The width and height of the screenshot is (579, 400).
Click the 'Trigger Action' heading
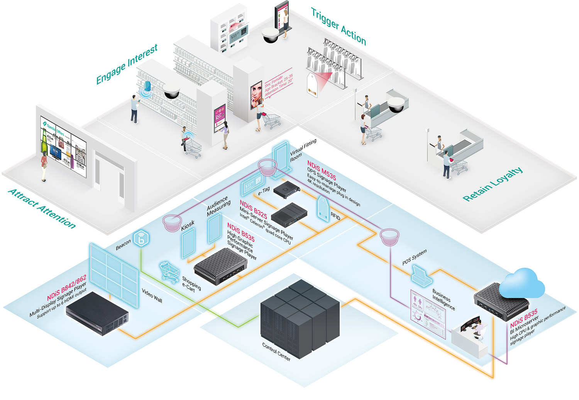338,27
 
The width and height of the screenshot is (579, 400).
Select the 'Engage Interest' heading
127,64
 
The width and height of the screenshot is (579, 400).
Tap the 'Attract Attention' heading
42,208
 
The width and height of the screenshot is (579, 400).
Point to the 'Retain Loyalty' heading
493,184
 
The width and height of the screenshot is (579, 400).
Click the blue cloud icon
522,283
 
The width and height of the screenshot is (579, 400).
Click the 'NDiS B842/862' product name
66,288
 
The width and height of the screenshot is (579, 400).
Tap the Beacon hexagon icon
141,238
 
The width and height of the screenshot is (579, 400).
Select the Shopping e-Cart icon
169,271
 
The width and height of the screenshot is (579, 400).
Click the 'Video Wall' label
152,295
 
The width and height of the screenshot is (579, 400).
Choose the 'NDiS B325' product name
253,209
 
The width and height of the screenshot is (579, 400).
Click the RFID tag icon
323,208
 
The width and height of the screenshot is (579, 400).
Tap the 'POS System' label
414,257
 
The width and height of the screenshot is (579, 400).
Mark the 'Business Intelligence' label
444,299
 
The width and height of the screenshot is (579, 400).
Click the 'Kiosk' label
188,225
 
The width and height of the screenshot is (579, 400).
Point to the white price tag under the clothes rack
312,85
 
